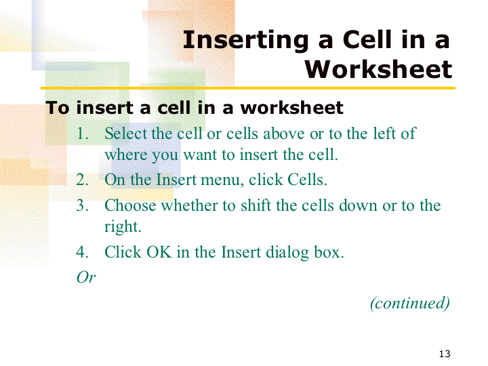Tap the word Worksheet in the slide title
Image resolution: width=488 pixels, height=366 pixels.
click(378, 69)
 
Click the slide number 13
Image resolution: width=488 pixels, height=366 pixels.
click(445, 354)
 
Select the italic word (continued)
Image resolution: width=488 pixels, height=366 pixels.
click(410, 303)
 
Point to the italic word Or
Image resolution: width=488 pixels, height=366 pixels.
click(86, 277)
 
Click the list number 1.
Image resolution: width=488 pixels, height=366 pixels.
click(83, 134)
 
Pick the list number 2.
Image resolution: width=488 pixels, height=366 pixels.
click(83, 180)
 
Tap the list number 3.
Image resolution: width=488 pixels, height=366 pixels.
click(83, 205)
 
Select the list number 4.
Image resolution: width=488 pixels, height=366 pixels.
click(83, 252)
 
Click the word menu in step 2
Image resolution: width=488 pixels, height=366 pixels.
click(222, 180)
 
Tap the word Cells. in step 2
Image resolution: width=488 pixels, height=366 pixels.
click(307, 180)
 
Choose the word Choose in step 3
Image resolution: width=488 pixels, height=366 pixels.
click(130, 205)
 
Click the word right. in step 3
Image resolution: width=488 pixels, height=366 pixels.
click(123, 227)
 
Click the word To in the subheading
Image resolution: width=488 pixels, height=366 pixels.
click(57, 108)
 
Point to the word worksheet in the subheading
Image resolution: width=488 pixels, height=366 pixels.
click(292, 108)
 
